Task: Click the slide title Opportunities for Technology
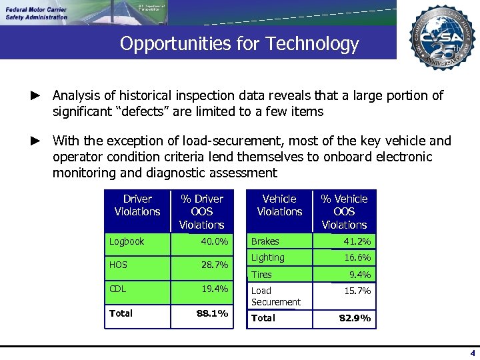(239, 44)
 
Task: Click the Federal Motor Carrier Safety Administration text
(37, 13)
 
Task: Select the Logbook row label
(127, 241)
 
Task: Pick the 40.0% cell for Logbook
(215, 241)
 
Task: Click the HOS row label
(119, 265)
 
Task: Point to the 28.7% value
(215, 265)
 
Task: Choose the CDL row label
(119, 289)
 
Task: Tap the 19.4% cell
(215, 289)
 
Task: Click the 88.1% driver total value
(212, 313)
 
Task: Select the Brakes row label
(265, 241)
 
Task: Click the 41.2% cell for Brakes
(357, 241)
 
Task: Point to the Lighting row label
(267, 257)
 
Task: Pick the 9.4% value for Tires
(360, 275)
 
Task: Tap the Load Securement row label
(275, 296)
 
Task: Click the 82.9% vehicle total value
(355, 318)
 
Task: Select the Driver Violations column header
(137, 205)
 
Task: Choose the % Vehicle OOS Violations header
(344, 211)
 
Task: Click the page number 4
(473, 353)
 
